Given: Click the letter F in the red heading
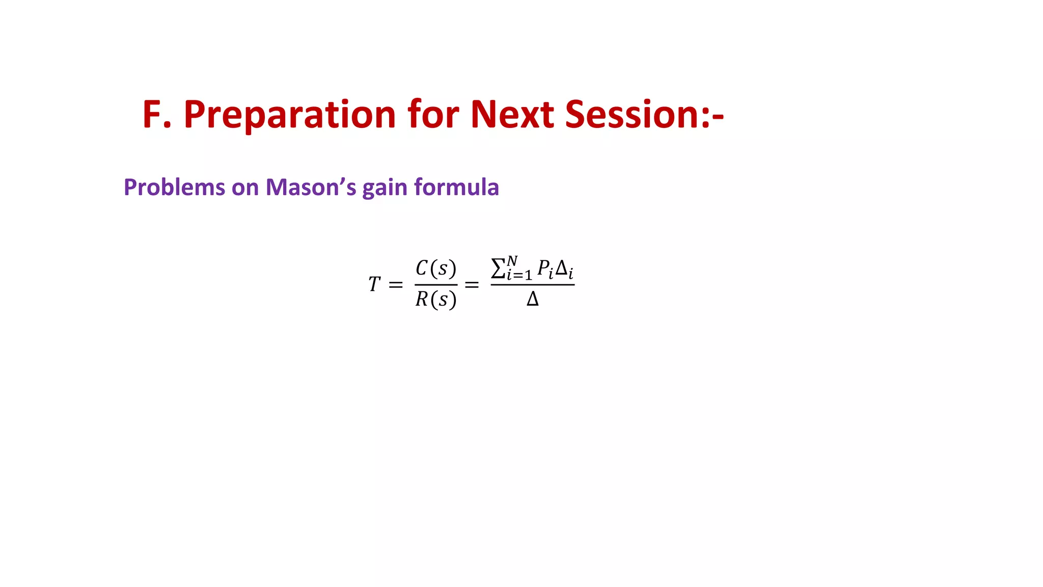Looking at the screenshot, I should point(152,114).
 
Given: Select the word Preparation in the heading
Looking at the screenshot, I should point(290,115).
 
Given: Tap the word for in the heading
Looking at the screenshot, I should point(433,114).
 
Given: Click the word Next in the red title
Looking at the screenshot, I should point(512,114).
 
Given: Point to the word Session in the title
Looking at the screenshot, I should point(632,114).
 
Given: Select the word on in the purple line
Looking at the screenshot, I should point(245,188).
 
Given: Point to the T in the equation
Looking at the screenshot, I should point(374,284).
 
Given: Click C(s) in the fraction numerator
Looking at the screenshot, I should point(436,268).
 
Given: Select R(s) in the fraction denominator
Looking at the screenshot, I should point(436,300).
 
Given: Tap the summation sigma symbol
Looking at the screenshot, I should point(498,269).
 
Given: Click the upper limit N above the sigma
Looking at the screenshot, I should point(512,261).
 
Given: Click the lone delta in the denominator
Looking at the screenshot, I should point(532,299).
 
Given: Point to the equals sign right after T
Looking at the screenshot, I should point(396,285).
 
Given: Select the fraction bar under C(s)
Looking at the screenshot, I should point(436,284).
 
